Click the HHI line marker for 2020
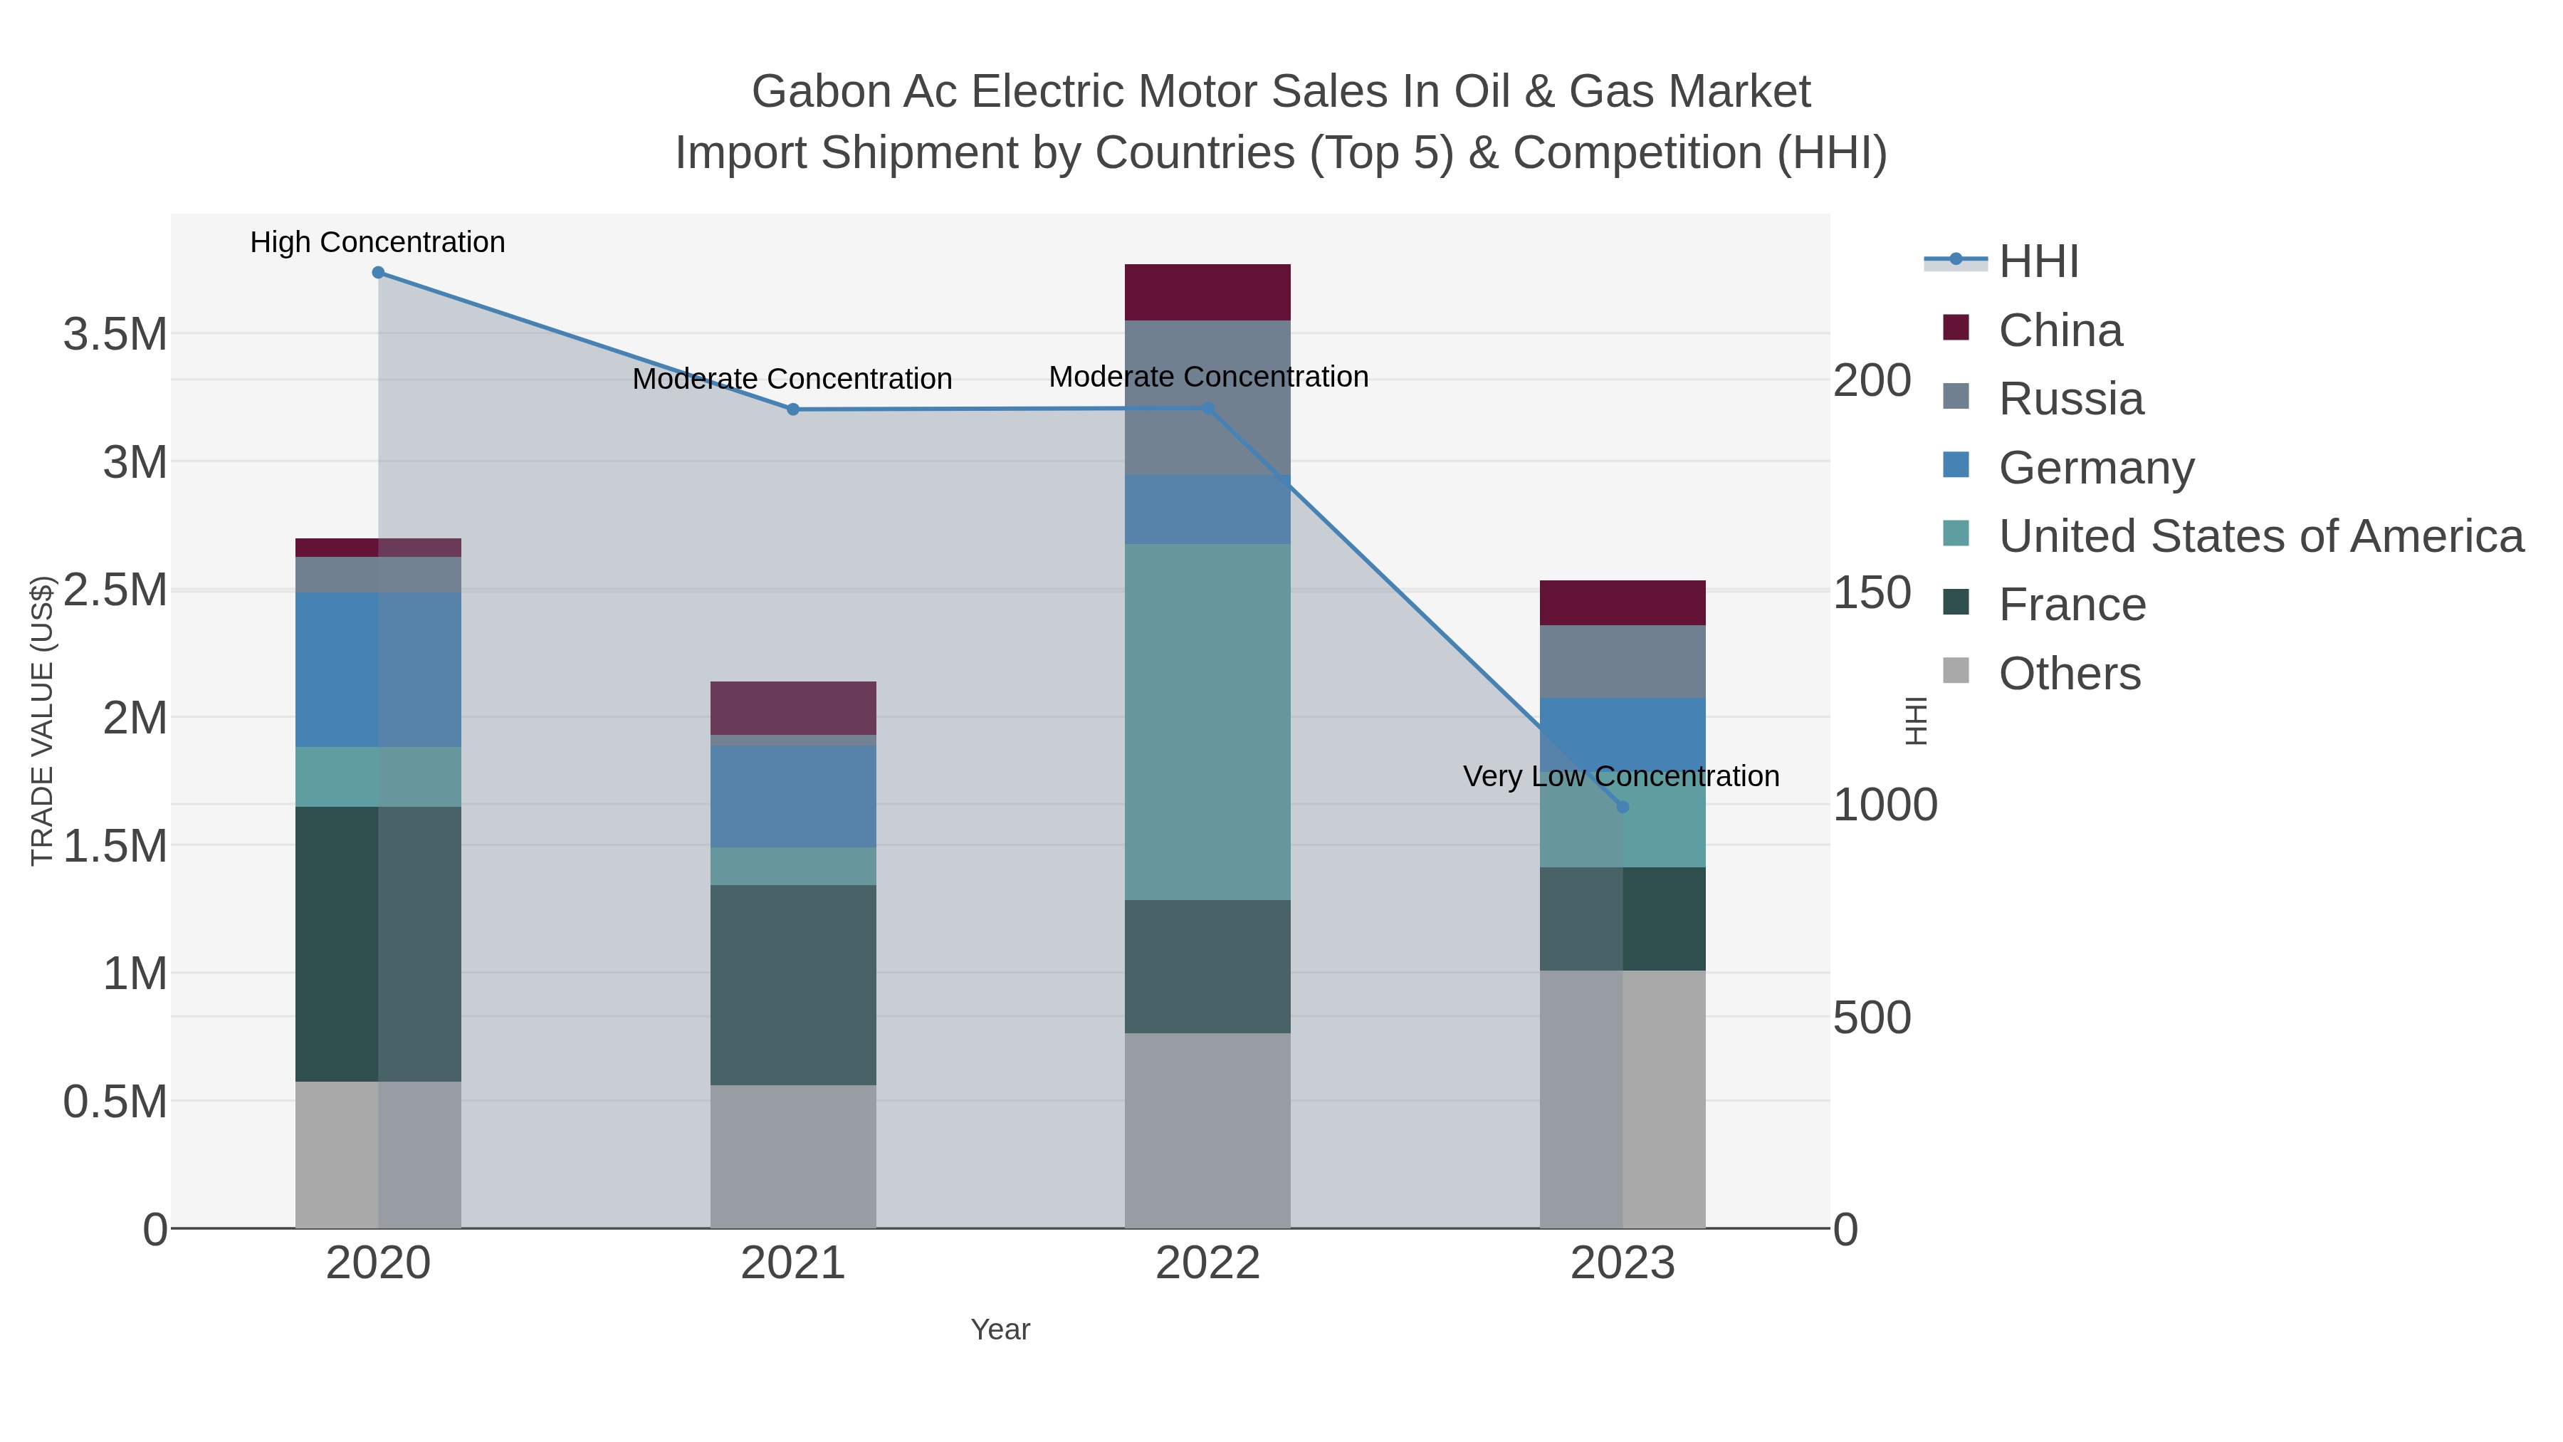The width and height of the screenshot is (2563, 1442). [378, 273]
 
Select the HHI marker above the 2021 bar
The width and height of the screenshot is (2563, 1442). [793, 409]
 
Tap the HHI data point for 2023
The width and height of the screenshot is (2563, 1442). [1623, 807]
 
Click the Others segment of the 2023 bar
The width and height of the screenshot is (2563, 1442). [1623, 1099]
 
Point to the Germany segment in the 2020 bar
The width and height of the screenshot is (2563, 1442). [378, 670]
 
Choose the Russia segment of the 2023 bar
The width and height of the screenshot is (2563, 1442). [1623, 661]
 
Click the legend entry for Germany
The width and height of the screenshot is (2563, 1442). [2095, 468]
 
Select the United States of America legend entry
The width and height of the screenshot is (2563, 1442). [2260, 536]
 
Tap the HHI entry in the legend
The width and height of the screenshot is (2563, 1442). [2038, 262]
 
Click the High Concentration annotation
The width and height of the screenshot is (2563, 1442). [378, 243]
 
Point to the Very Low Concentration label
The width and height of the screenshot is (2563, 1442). [1621, 776]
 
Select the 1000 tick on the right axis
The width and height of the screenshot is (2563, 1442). [1885, 805]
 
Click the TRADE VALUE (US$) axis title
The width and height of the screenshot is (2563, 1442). [42, 721]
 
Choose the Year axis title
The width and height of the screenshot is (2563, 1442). [1000, 1329]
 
